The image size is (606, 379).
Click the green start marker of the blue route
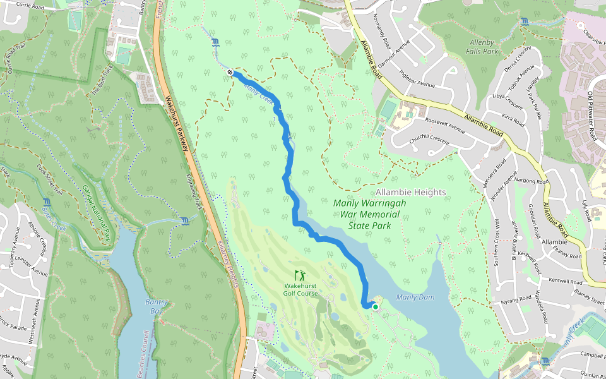coord(375,307)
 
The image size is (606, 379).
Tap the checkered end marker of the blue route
coord(231,73)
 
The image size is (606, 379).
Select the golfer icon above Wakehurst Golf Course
coord(300,275)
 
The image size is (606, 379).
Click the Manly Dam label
coord(414,298)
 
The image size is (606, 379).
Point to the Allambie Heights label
coord(410,192)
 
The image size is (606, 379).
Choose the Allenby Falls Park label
coord(482,45)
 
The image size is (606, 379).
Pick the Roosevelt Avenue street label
coord(445,125)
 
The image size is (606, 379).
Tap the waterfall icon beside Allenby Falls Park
coord(525,22)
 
